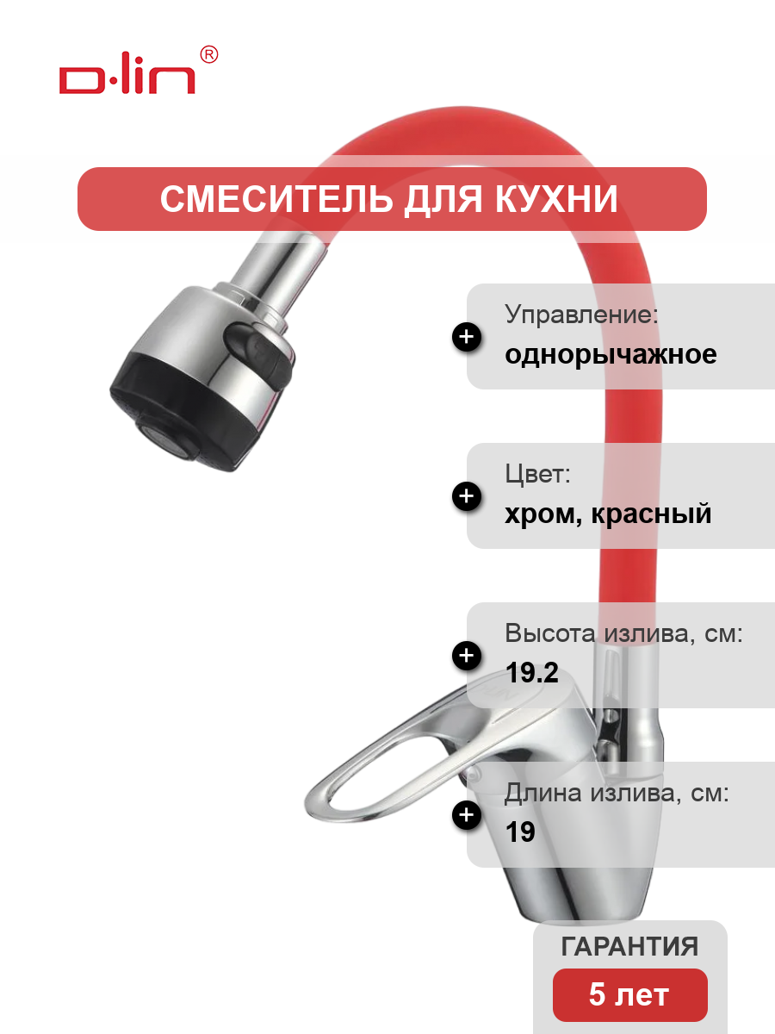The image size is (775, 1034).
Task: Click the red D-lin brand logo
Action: point(127,79)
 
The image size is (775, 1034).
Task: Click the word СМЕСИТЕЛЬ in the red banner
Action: point(276,199)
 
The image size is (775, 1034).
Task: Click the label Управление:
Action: point(581,314)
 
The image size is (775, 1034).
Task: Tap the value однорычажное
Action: point(611,354)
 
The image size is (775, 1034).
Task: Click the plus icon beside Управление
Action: point(467,337)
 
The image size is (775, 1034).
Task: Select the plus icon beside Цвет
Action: point(467,496)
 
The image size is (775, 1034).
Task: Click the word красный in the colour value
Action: point(651,514)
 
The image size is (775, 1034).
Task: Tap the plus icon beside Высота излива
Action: point(467,655)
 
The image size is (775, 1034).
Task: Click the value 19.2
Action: point(531,672)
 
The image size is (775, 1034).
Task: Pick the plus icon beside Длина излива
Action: point(467,814)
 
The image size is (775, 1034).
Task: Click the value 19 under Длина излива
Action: point(520,832)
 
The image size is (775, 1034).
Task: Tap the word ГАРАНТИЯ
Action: point(629,946)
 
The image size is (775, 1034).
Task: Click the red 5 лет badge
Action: point(630,995)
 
